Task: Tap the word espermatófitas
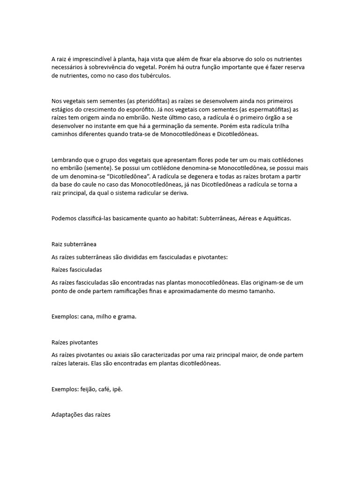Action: pyautogui.click(x=257, y=109)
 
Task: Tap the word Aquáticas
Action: pyautogui.click(x=277, y=219)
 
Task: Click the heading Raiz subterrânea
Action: pyautogui.click(x=74, y=244)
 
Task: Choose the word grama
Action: pyautogui.click(x=127, y=316)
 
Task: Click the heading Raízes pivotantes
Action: pyautogui.click(x=75, y=342)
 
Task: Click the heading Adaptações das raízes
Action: pyautogui.click(x=81, y=415)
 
